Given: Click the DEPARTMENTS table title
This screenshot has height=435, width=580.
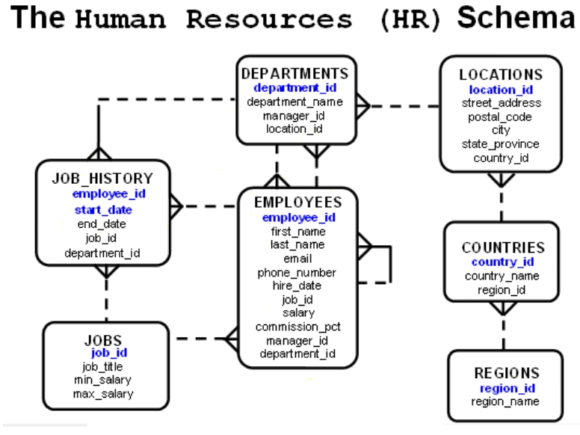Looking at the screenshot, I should click(x=294, y=73).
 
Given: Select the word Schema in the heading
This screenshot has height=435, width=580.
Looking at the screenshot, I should click(x=516, y=19).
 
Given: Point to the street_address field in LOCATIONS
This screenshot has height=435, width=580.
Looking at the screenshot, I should click(x=501, y=103).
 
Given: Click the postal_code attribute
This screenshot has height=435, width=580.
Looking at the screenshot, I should click(x=501, y=117).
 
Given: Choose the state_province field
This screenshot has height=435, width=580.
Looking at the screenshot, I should click(x=501, y=144).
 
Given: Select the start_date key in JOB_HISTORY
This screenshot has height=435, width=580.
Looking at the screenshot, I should click(x=103, y=209).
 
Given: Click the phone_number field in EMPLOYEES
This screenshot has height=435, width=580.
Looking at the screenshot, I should click(x=297, y=272).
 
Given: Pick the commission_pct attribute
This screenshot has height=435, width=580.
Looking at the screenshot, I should click(x=297, y=327).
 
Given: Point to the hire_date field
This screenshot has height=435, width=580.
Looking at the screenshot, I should click(x=297, y=286).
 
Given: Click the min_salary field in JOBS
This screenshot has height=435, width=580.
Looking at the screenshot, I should click(x=103, y=380).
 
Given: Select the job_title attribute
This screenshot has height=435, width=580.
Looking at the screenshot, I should click(x=103, y=366).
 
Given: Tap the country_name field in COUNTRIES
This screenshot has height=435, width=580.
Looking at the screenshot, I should click(x=502, y=276).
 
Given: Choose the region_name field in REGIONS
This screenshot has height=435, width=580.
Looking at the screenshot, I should click(x=505, y=401).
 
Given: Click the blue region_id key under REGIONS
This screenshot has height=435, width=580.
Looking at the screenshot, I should click(x=505, y=388).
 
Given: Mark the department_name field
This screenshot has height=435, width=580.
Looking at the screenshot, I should click(x=294, y=102).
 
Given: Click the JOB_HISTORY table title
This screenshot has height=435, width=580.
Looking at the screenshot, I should click(x=102, y=178).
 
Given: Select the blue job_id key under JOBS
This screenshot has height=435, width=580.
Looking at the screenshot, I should click(x=109, y=353).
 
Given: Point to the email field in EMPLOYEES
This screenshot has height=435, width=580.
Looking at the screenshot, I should click(x=297, y=259).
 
